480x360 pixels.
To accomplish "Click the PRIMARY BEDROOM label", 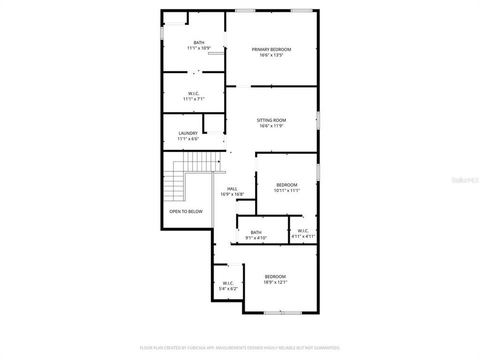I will (x=271, y=49).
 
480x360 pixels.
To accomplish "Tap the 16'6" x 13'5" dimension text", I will (x=271, y=55).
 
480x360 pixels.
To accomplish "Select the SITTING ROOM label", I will (x=271, y=120).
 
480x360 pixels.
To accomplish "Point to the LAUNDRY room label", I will (x=188, y=133).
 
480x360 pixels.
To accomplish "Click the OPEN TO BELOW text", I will (x=186, y=211).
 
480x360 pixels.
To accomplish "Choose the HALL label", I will (x=232, y=188).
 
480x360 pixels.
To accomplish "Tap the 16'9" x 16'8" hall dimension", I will (x=232, y=194).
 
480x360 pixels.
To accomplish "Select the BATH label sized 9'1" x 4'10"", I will (x=256, y=232).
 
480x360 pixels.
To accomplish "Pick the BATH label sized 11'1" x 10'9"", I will (x=199, y=42).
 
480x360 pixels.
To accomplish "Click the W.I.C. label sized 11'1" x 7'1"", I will (x=194, y=93).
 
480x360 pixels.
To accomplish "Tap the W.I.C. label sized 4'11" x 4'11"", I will (x=303, y=231).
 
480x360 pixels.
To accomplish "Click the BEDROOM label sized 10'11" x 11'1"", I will (x=286, y=185).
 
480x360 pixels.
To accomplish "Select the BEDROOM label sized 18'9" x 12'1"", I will (x=275, y=277).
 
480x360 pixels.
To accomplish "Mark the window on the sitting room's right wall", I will (x=317, y=120).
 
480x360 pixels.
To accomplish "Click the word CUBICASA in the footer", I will (x=189, y=347).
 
